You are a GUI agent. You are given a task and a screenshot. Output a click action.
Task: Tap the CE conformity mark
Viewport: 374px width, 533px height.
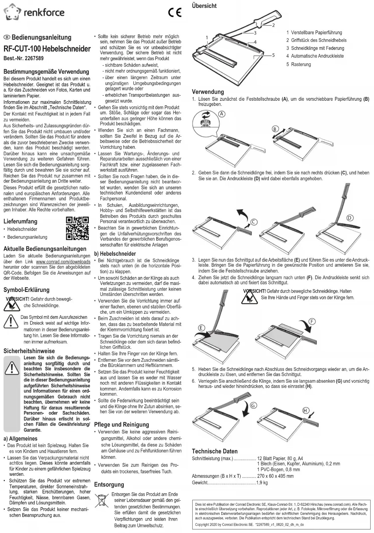175,13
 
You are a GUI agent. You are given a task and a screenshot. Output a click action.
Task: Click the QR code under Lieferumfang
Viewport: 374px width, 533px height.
77,228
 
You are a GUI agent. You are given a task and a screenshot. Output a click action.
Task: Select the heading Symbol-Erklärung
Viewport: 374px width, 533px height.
26,290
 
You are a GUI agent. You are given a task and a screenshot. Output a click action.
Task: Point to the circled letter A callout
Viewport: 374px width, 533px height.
222,114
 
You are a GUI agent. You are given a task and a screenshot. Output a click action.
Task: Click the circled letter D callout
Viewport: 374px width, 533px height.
350,218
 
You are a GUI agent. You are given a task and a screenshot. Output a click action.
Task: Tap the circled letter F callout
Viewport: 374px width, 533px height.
312,321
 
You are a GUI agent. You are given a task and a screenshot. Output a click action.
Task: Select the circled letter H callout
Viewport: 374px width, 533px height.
305,411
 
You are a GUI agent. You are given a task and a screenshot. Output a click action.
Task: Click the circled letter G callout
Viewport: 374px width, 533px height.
253,405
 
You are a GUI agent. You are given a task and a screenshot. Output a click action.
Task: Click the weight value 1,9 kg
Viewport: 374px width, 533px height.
262,483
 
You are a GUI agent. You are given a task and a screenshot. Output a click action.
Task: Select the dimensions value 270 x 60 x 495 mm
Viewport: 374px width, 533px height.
275,476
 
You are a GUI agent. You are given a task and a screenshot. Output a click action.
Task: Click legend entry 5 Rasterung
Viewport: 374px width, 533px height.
298,64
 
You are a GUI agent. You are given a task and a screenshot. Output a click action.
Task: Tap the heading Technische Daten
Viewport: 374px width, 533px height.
215,451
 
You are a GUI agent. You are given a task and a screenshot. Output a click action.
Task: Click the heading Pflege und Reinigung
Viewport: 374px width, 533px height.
121,425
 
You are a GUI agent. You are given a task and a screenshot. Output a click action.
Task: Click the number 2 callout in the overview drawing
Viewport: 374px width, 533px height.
273,25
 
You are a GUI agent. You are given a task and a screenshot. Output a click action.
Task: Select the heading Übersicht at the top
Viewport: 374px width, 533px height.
204,6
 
